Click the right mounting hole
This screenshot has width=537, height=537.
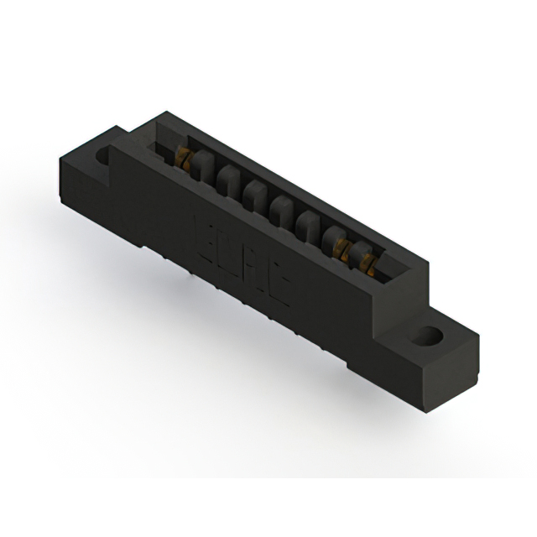click(425, 337)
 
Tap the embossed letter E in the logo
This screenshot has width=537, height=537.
click(206, 233)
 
